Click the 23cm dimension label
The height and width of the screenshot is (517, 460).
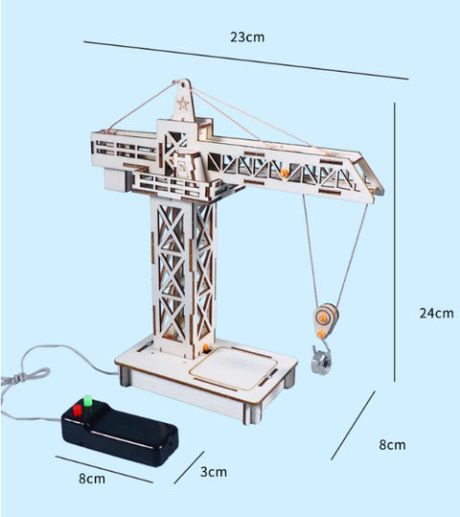coord(247,36)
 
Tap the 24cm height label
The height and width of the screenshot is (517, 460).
coord(436,313)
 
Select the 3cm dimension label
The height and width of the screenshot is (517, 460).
coord(214,472)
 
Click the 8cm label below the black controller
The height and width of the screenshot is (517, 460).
coord(92,479)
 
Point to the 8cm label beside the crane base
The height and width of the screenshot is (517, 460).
coord(392,445)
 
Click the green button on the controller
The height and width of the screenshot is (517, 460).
coord(88,402)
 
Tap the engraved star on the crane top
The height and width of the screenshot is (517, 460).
coord(183,104)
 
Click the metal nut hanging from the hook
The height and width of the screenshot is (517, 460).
coord(321,362)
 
